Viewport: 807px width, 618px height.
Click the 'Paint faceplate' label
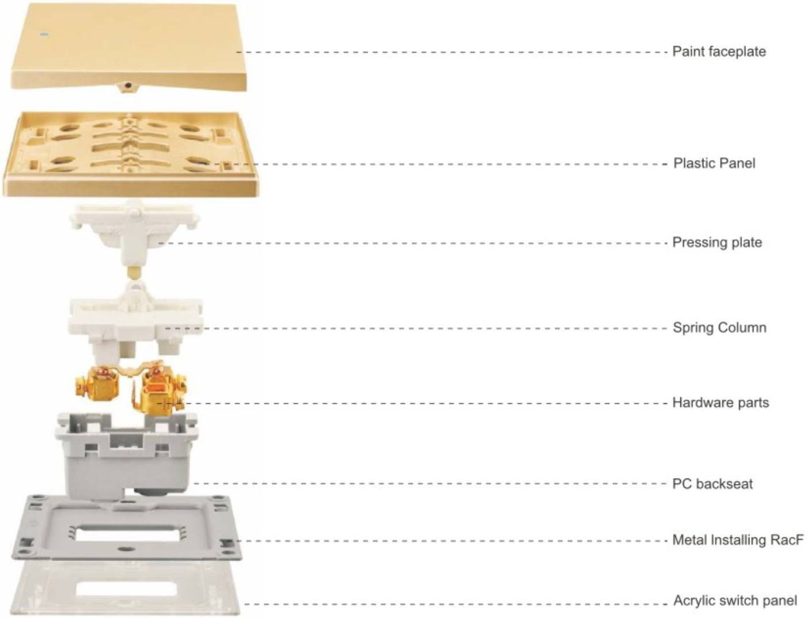pos(719,52)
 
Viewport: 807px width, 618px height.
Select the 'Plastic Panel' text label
pos(714,164)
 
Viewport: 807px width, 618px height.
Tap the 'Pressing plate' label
pos(717,242)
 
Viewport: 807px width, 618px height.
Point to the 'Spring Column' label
pos(719,328)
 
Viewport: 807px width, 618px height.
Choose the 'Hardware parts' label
pos(721,403)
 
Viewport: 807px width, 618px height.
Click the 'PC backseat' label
pos(713,484)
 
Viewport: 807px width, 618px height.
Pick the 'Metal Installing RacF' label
pos(738,540)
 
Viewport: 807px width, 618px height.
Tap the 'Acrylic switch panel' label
pos(735,601)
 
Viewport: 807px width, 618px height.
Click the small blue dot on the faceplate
pos(46,36)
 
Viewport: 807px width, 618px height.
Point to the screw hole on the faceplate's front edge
pos(128,86)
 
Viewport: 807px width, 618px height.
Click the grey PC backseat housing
pos(126,457)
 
